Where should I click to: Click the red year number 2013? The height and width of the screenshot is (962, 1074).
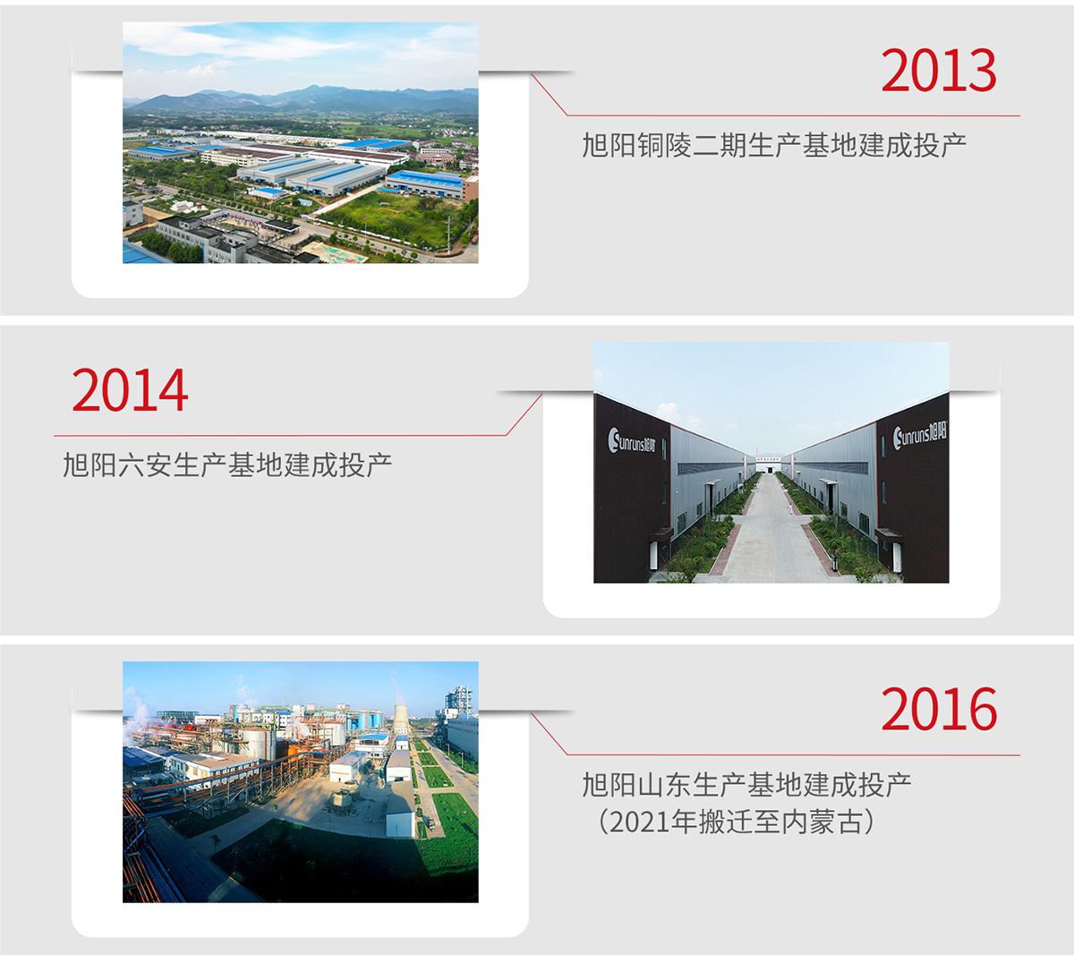[x=938, y=71]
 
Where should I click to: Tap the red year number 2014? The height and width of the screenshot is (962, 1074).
[x=130, y=391]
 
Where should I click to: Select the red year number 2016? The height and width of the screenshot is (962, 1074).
[x=938, y=710]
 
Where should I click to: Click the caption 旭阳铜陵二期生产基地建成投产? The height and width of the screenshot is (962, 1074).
[x=774, y=145]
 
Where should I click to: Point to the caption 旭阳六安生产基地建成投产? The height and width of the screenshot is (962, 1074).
[x=227, y=465]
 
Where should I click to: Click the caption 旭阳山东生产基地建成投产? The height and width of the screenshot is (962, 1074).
[x=747, y=785]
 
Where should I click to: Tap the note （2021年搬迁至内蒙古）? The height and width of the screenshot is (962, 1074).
[x=734, y=822]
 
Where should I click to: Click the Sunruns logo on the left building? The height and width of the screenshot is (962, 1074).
[x=631, y=440]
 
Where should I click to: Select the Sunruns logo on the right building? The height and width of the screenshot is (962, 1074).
[x=920, y=436]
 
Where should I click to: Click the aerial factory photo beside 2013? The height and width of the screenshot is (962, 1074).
[x=301, y=142]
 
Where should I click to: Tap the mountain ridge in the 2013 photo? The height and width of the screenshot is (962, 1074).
[x=301, y=99]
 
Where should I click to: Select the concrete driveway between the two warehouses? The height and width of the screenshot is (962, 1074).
[x=770, y=535]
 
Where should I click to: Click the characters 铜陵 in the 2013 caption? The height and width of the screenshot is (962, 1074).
[x=664, y=145]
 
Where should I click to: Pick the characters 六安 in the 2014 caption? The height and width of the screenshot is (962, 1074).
[x=145, y=465]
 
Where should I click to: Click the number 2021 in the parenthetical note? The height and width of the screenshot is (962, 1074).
[x=640, y=822]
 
